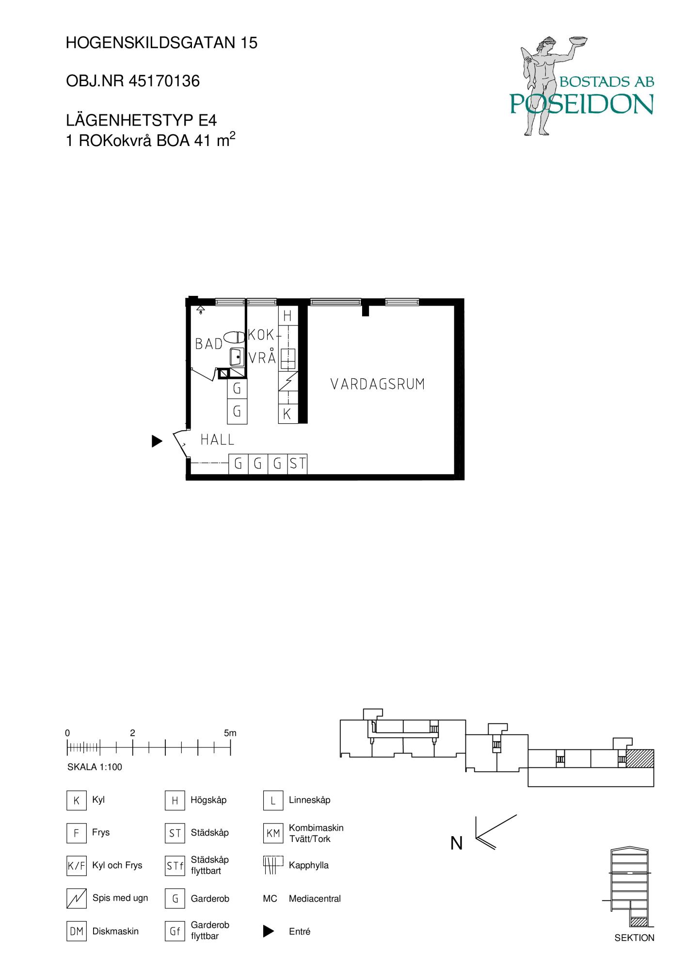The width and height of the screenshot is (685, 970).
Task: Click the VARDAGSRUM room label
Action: pos(377,384)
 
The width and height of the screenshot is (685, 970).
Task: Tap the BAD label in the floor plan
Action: pos(208,344)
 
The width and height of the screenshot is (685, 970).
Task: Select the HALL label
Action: pos(217,440)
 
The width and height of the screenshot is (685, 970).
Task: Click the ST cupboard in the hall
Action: pos(297,464)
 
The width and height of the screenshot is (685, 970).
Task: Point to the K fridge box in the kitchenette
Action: pos(287,414)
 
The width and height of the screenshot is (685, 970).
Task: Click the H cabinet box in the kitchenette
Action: pos(287,316)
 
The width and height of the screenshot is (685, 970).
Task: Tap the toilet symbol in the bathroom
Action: pos(235,338)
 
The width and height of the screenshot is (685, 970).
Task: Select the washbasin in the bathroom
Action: pos(237,357)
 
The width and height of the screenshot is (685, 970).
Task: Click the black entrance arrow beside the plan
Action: pos(157,441)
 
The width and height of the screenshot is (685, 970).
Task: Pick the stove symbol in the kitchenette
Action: pos(288,381)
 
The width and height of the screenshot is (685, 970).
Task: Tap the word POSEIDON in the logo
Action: pos(581,103)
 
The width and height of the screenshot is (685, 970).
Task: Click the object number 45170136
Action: pos(164,81)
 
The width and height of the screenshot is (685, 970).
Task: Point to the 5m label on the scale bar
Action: pos(230,733)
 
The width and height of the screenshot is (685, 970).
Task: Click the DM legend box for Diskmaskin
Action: pos(77,931)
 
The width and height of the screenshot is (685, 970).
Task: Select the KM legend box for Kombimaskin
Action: pos(273,833)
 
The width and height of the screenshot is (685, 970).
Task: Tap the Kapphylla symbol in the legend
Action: pos(272,865)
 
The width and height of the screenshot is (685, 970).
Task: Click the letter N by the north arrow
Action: pos(456,843)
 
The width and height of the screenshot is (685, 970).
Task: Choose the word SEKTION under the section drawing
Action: pos(634,938)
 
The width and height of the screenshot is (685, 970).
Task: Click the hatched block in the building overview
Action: pos(640,759)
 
